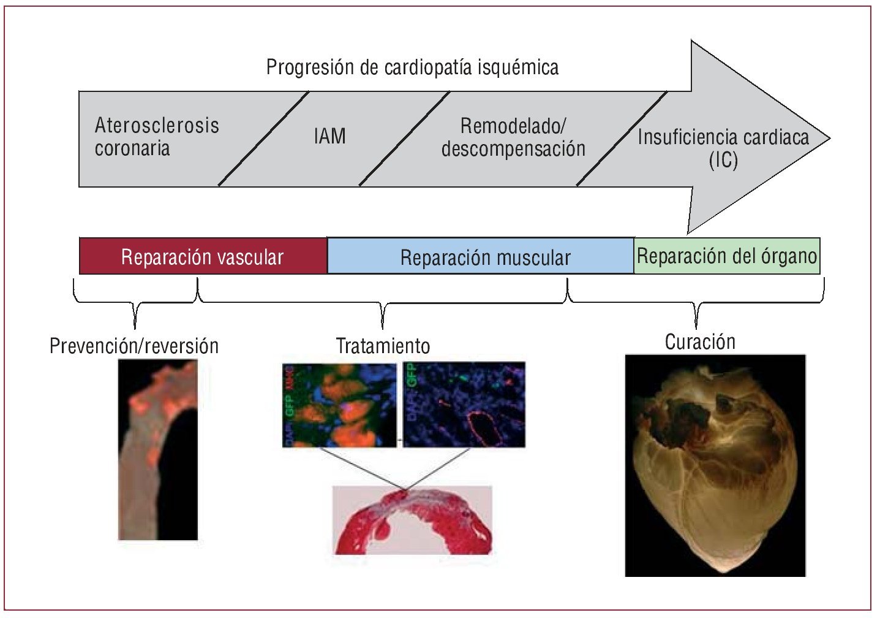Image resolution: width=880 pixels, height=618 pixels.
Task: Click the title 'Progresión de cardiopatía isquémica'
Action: coord(412,67)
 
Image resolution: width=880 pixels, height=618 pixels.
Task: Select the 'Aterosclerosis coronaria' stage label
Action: coord(156,137)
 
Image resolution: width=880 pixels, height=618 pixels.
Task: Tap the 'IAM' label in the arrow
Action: coord(329,136)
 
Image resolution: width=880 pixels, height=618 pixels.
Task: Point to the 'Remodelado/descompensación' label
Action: coord(513,137)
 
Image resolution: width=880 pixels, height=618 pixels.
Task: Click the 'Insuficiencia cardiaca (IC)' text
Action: coord(723,148)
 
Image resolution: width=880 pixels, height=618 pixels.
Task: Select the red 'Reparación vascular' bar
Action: coord(203,256)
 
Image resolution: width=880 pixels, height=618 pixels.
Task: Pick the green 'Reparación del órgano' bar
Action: coord(727,256)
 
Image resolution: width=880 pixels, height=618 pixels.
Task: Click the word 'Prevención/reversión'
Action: coord(134,346)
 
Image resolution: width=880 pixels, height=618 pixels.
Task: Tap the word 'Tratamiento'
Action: coord(383,346)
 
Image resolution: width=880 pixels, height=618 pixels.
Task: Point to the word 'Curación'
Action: coord(700,341)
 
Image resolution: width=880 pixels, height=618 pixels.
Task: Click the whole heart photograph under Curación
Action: coord(715,465)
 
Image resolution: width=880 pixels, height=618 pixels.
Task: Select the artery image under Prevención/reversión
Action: coord(157,449)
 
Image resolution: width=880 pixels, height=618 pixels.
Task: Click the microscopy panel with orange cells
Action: coord(339,405)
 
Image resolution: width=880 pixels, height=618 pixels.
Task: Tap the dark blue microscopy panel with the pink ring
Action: coord(464,405)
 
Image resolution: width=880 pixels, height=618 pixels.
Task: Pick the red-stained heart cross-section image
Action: coord(412,520)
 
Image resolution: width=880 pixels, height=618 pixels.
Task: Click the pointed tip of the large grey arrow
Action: coord(829,139)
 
